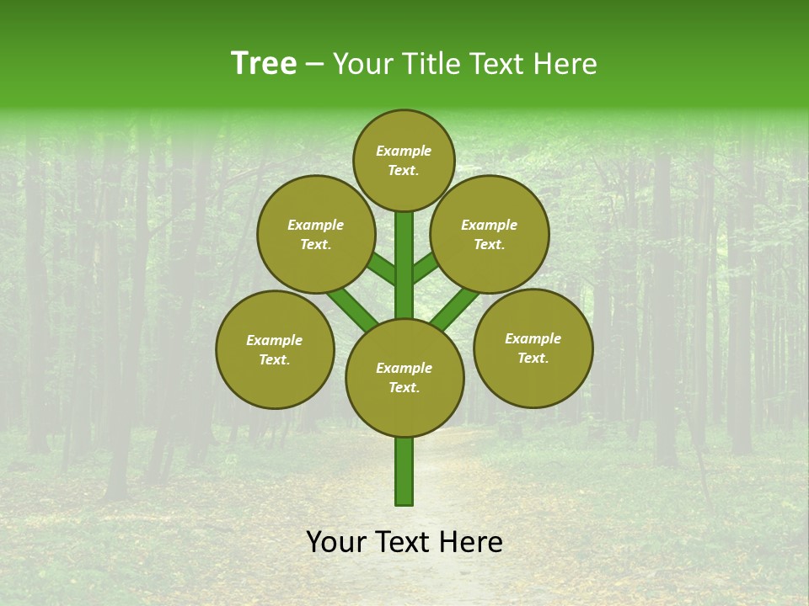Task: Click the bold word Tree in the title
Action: [x=264, y=63]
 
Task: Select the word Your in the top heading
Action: [x=362, y=63]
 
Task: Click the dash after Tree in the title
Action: [x=314, y=64]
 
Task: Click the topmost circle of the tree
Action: [x=404, y=160]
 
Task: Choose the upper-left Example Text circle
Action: [x=316, y=234]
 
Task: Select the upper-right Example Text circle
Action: [x=490, y=234]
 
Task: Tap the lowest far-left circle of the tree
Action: [x=275, y=349]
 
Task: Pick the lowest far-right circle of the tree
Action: [x=533, y=348]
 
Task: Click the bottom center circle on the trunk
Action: [x=404, y=378]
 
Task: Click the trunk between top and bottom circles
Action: [x=404, y=265]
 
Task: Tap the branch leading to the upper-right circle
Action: [x=425, y=268]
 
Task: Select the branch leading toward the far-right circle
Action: [x=455, y=308]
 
